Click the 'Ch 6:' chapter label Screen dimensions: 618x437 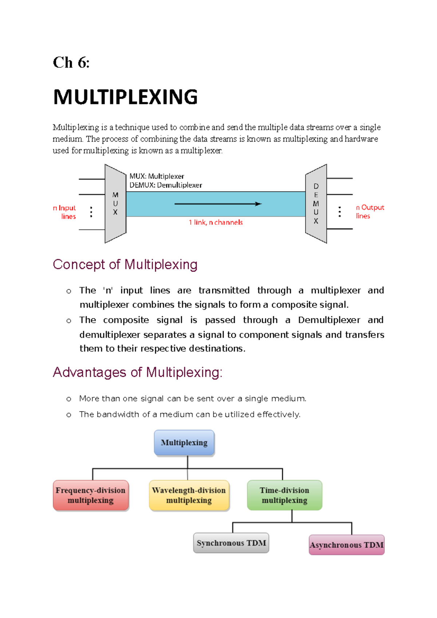pyautogui.click(x=71, y=63)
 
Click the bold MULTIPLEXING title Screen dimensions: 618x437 pyautogui.click(x=125, y=97)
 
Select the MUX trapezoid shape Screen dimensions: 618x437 pyautogui.click(x=115, y=204)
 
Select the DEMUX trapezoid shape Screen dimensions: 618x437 pyautogui.click(x=316, y=204)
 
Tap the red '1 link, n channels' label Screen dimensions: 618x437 pyautogui.click(x=216, y=222)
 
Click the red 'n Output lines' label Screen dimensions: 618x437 pyautogui.click(x=369, y=211)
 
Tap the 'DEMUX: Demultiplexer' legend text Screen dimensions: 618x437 pyautogui.click(x=166, y=185)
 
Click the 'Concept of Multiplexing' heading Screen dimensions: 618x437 pyautogui.click(x=125, y=265)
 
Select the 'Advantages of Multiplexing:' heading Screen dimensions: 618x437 pyautogui.click(x=137, y=372)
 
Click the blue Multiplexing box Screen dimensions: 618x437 pyautogui.click(x=184, y=443)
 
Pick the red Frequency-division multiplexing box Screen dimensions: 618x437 pyautogui.click(x=91, y=495)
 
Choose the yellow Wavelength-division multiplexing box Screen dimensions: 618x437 pyautogui.click(x=189, y=495)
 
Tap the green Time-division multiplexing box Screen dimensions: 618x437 pyautogui.click(x=284, y=495)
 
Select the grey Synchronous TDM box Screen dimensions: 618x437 pyautogui.click(x=231, y=543)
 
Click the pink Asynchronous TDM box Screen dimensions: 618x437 pyautogui.click(x=346, y=545)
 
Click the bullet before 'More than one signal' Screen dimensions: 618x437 pyautogui.click(x=69, y=399)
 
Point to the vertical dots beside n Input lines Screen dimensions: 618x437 pyautogui.click(x=91, y=212)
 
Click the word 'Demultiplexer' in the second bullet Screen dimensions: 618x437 pyautogui.click(x=329, y=320)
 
